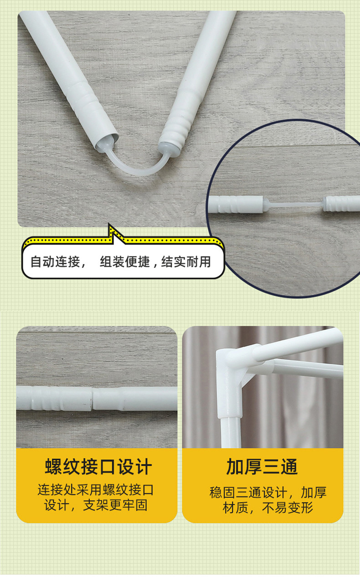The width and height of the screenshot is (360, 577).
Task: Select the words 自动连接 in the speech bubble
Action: coord(55,262)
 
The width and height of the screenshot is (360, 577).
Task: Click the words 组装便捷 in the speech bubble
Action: coord(125,262)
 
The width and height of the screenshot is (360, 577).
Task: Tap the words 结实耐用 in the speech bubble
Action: coord(186,262)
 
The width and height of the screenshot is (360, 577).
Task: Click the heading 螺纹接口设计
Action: coord(98,466)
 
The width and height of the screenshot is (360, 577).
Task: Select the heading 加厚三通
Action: coord(262,466)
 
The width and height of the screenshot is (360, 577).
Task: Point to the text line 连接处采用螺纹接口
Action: coord(96,490)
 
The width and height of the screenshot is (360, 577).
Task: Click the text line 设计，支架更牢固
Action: coord(96,505)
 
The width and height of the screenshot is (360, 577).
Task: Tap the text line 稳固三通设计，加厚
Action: coord(268,492)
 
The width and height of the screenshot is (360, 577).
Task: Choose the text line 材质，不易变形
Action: coord(268,508)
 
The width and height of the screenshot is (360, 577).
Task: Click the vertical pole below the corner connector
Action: coord(231,433)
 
